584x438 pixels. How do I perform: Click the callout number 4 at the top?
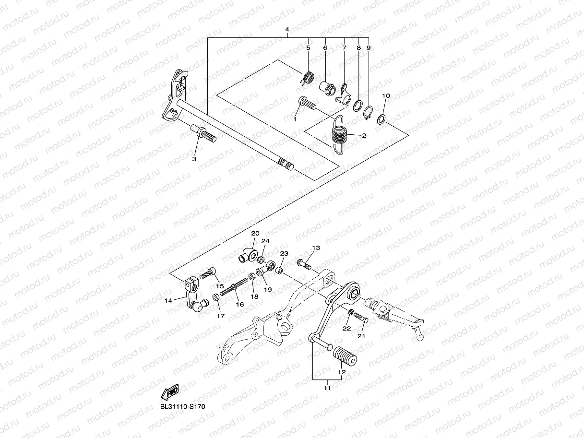pos(286,30)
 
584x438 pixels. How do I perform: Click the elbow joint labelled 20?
pos(249,254)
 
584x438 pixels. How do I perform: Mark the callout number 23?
pos(284,253)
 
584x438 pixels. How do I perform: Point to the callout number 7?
pos(344,48)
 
